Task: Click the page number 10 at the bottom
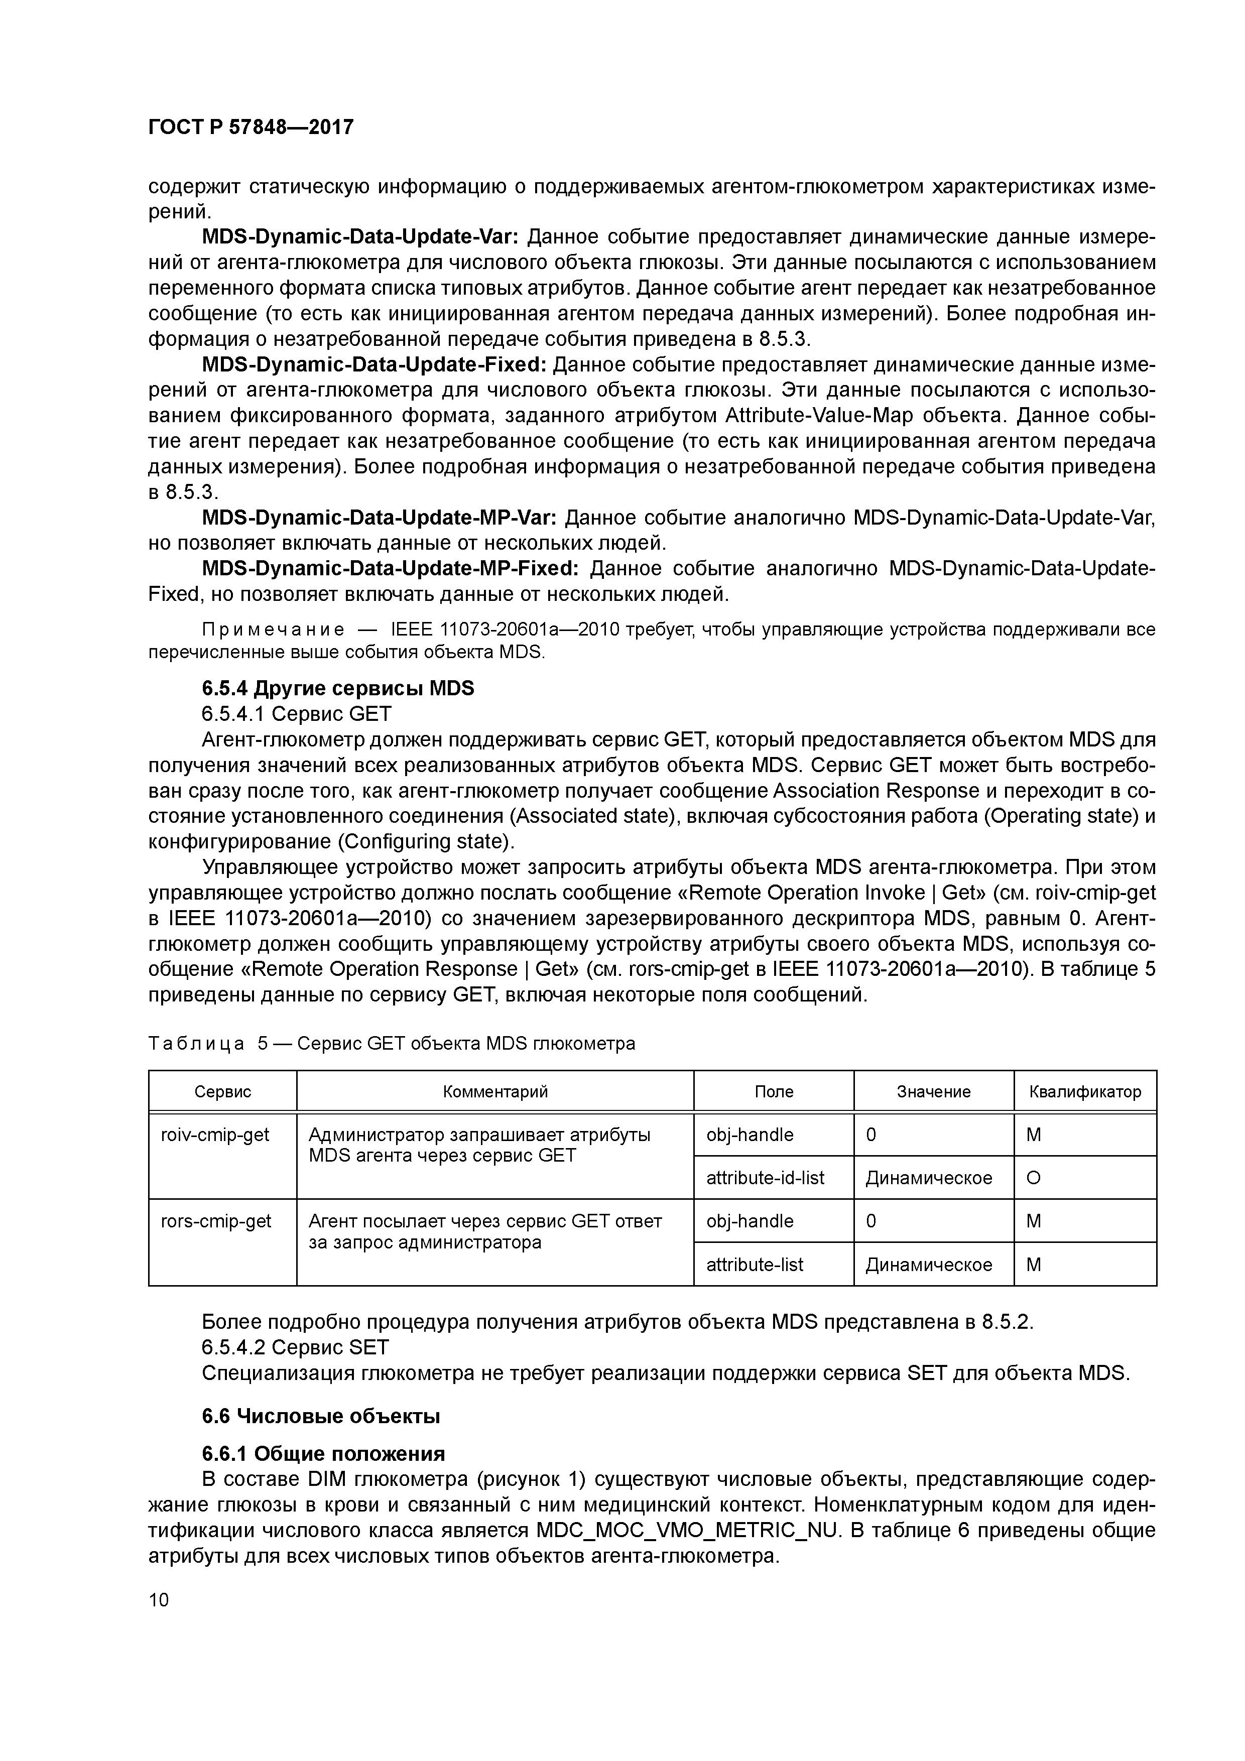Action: click(x=159, y=1600)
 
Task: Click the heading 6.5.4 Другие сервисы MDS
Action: click(x=337, y=688)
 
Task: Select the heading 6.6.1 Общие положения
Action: click(x=323, y=1453)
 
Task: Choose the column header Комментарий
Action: click(x=495, y=1091)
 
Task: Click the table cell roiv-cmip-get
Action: click(x=215, y=1135)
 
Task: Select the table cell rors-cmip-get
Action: click(x=215, y=1221)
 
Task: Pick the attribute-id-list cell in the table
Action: click(x=765, y=1177)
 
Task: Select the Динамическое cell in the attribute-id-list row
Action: click(x=928, y=1177)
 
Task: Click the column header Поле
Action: click(x=773, y=1091)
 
